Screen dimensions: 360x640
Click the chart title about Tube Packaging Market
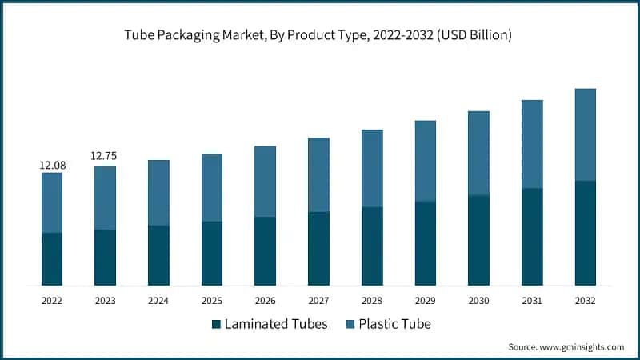320,36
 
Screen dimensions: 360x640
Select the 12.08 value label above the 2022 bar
52,165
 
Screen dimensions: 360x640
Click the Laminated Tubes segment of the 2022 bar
52,259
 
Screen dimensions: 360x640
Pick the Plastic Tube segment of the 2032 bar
586,134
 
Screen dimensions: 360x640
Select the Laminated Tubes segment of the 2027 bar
318,249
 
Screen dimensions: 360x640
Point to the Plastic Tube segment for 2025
212,187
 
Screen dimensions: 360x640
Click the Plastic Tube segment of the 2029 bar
426,161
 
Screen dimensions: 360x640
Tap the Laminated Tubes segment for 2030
478,240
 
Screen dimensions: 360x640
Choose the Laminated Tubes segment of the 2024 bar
158,255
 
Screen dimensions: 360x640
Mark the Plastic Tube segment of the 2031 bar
532,144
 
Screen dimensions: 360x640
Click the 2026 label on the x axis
266,301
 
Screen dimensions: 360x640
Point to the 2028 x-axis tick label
372,301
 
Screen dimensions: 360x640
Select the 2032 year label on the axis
586,301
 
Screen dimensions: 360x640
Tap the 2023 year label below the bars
105,301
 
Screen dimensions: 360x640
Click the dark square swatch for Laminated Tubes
216,325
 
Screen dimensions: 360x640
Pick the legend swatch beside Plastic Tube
349,325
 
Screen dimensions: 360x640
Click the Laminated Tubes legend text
276,325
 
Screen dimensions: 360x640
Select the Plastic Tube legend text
395,325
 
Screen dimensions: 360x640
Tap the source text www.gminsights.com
566,347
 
